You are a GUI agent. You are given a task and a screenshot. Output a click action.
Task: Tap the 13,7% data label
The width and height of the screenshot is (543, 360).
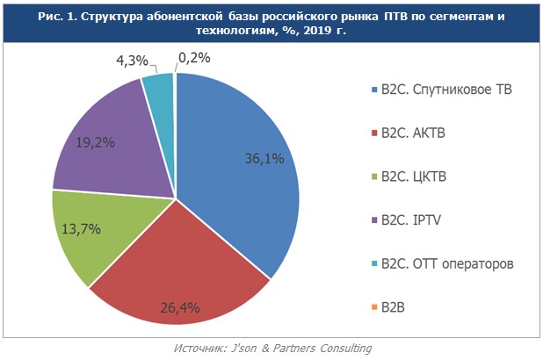[81, 228]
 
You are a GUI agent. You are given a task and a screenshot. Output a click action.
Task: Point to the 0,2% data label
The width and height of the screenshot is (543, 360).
[194, 59]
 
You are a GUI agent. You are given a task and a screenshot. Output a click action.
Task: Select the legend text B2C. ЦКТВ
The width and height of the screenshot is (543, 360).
[413, 177]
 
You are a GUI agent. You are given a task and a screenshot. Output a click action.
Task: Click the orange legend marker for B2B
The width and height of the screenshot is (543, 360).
[375, 307]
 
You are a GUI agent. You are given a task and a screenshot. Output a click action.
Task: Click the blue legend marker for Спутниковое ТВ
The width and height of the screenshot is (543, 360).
[375, 90]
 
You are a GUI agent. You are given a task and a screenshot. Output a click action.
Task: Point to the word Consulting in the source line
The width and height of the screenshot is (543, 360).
[344, 349]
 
